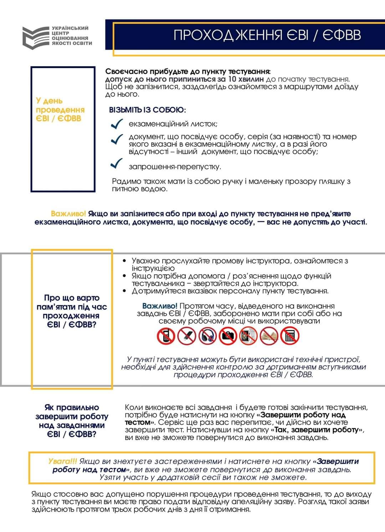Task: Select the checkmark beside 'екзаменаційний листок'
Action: pyautogui.click(x=117, y=124)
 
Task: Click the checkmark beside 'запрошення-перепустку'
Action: pyautogui.click(x=117, y=164)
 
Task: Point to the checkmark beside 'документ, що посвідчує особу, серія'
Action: pyautogui.click(x=117, y=139)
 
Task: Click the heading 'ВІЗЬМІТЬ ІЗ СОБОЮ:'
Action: pyautogui.click(x=147, y=110)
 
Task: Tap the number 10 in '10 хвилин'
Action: pyautogui.click(x=232, y=79)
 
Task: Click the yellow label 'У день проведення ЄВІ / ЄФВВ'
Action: pyautogui.click(x=60, y=110)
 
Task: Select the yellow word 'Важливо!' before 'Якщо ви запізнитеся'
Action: pyautogui.click(x=68, y=214)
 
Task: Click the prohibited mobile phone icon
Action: pyautogui.click(x=166, y=336)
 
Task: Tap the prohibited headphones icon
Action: pyautogui.click(x=207, y=336)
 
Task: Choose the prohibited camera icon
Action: pyautogui.click(x=228, y=336)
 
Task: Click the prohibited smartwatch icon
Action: pyautogui.click(x=248, y=336)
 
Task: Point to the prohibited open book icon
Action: pyautogui.click(x=269, y=336)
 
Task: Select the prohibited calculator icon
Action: pyautogui.click(x=289, y=336)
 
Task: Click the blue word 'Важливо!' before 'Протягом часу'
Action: pyautogui.click(x=159, y=306)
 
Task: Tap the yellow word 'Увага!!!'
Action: pyautogui.click(x=62, y=461)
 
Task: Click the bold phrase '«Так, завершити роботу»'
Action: pyautogui.click(x=317, y=430)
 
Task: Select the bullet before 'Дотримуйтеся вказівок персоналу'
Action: pyautogui.click(x=124, y=291)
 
